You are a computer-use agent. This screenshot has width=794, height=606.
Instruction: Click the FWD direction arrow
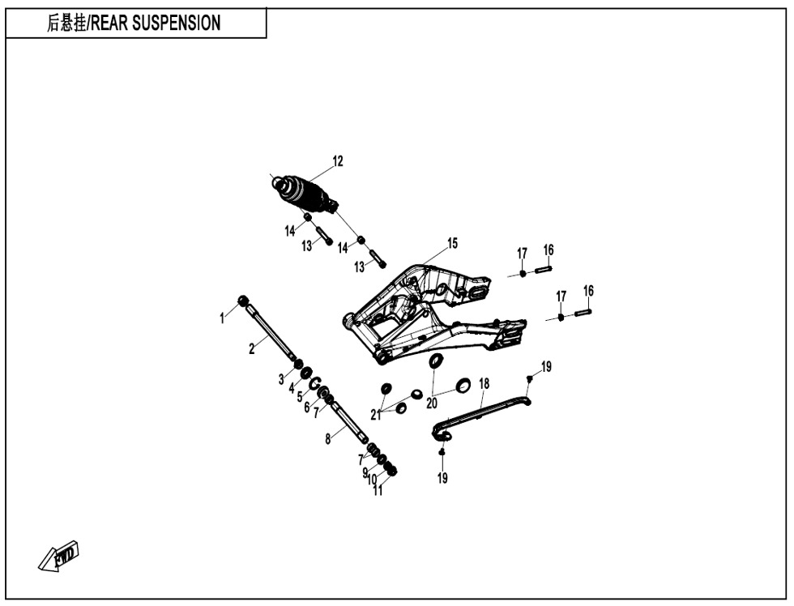58,557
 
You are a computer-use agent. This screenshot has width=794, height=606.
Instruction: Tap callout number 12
338,161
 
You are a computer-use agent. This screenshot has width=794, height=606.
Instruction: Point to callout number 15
452,244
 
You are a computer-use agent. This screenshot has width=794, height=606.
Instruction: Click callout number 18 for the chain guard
485,384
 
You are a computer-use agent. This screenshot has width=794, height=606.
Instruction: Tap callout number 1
222,318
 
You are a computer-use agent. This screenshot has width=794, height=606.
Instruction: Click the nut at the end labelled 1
243,301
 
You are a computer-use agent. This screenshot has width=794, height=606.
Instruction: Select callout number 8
328,439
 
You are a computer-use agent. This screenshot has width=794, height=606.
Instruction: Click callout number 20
431,403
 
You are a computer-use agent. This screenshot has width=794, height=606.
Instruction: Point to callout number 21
375,415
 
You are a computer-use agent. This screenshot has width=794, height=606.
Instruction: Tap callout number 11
378,491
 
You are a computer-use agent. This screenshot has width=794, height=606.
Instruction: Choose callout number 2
252,349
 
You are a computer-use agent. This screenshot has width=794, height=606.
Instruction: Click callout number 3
282,380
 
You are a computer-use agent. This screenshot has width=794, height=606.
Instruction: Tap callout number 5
300,397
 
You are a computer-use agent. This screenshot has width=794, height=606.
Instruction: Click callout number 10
372,479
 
